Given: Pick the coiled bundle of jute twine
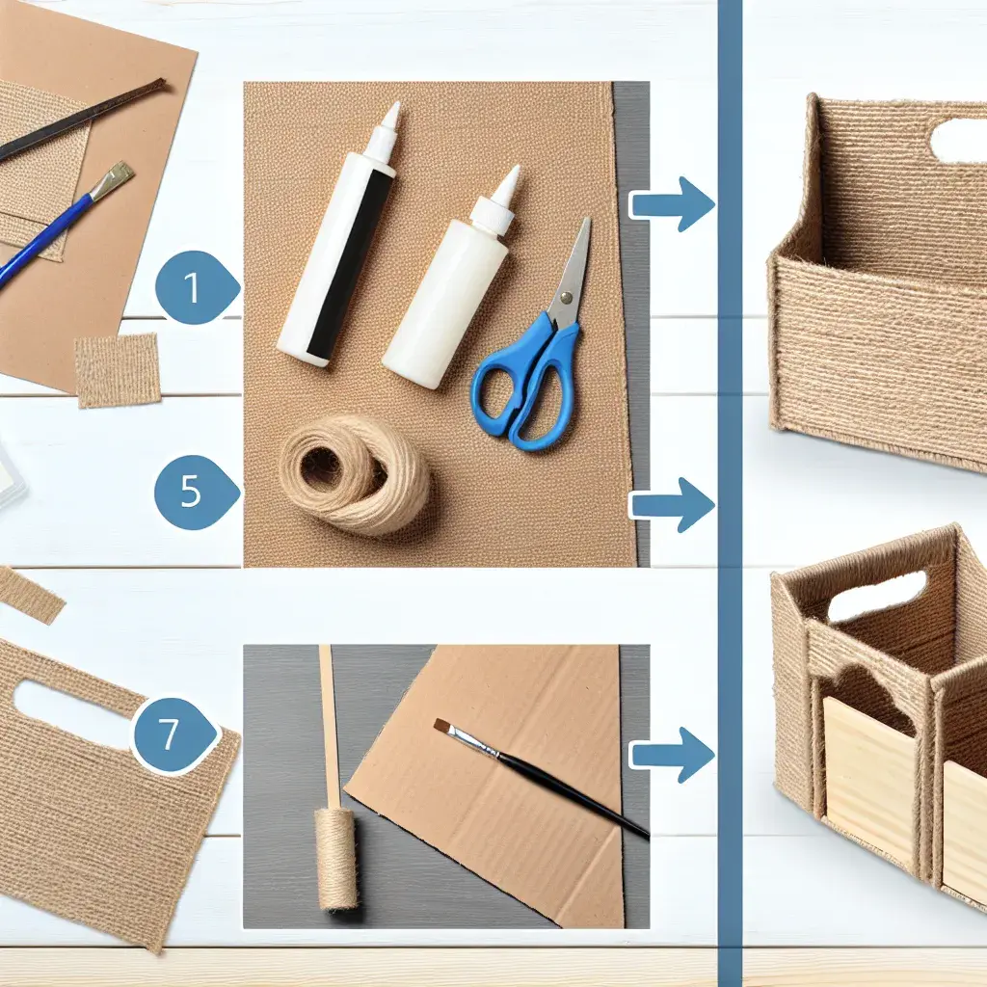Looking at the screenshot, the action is coord(355,473).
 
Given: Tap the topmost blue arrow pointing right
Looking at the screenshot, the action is coord(672,204).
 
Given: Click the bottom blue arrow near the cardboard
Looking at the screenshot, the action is coord(672,754).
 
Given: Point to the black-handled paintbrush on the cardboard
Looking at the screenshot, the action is coord(542,779).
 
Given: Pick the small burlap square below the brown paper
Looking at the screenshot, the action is coord(118,370).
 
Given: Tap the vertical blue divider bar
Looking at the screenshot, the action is coord(730,493).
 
